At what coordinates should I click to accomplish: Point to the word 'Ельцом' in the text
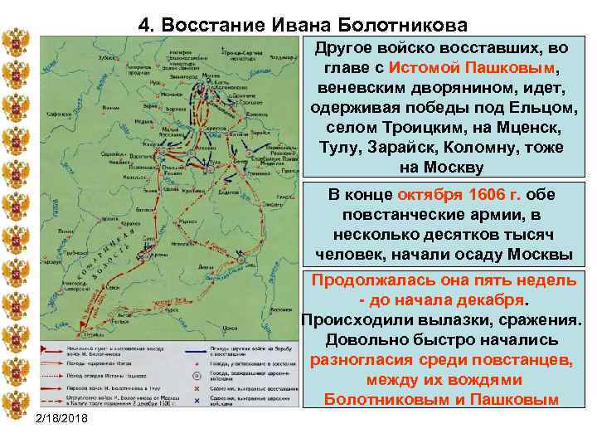click(x=546, y=109)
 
